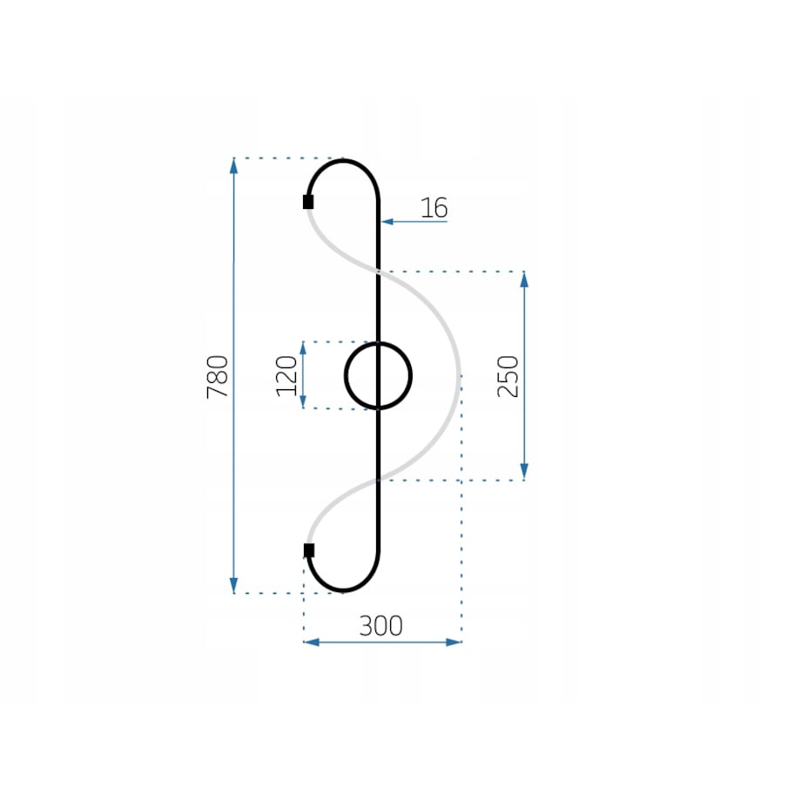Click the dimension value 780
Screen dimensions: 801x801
[218, 376]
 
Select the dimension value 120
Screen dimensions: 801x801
[286, 376]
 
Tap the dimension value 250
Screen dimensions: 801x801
[508, 376]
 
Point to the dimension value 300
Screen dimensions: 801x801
[381, 626]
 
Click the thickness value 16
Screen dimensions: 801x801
[434, 208]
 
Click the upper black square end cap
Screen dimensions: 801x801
[308, 202]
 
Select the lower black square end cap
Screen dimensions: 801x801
[309, 550]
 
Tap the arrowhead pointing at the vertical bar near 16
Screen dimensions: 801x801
[387, 222]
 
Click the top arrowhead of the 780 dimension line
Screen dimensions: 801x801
[234, 166]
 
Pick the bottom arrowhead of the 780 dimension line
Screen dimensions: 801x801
[234, 585]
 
